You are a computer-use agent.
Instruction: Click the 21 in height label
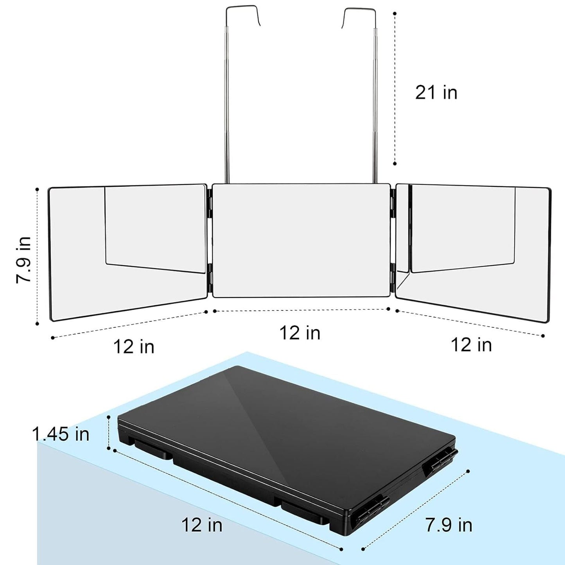[436, 93]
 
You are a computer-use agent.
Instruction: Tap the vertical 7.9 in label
[23, 259]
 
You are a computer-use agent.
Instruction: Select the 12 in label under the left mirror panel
[134, 347]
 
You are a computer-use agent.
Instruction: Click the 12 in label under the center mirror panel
[300, 333]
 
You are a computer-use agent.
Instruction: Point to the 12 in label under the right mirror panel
[471, 345]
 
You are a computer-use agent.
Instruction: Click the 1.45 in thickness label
[61, 434]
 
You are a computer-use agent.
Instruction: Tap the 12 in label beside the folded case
[202, 524]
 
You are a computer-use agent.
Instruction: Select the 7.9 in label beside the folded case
[448, 525]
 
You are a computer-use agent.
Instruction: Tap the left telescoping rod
[226, 117]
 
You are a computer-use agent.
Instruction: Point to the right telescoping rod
[375, 117]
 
